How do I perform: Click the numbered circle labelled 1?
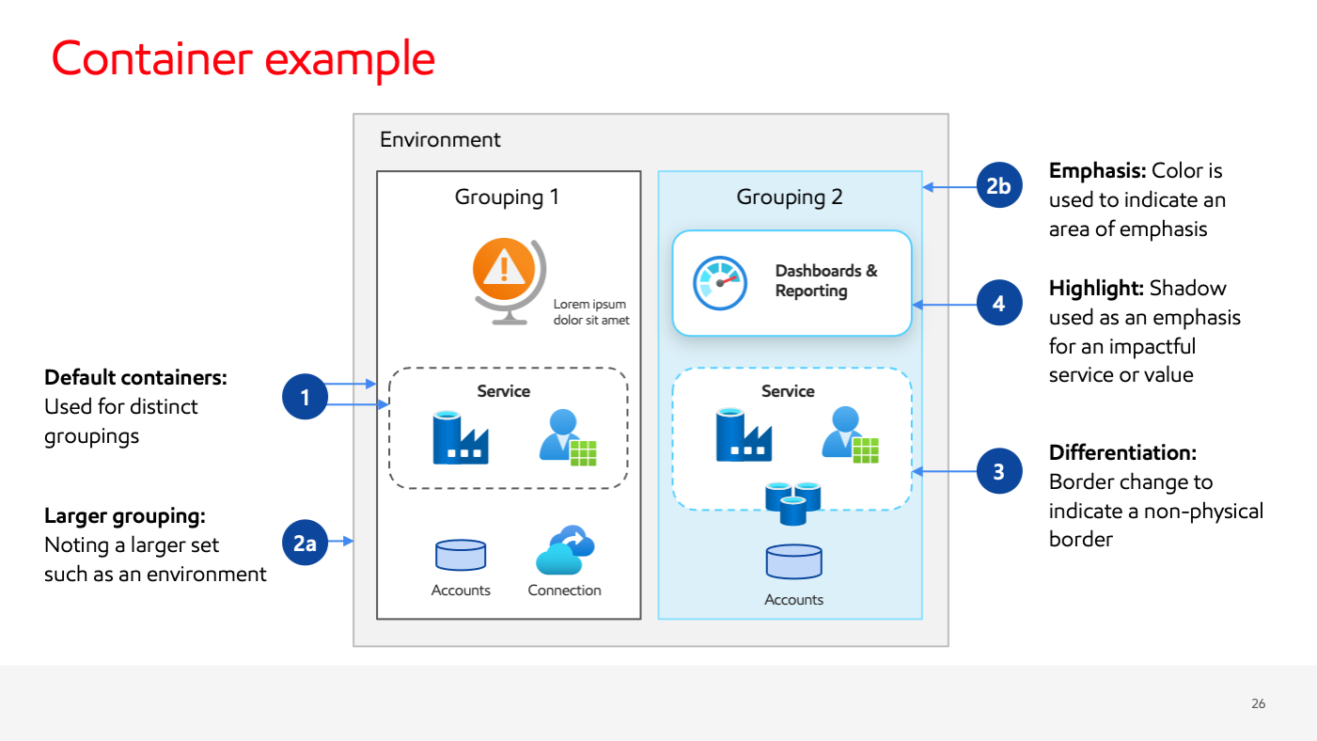[x=306, y=398]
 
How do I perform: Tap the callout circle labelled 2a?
[x=306, y=543]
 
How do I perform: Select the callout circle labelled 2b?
[x=998, y=187]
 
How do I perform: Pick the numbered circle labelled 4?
[x=998, y=304]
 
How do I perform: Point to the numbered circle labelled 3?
[x=998, y=472]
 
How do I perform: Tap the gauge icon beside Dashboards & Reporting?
[x=720, y=282]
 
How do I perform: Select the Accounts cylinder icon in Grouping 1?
[x=461, y=556]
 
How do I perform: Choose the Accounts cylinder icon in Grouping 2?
[x=794, y=561]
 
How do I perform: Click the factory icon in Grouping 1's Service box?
[x=460, y=437]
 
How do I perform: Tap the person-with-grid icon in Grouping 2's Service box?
[x=850, y=434]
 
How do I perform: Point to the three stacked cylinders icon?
[x=793, y=502]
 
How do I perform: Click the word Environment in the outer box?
[x=440, y=140]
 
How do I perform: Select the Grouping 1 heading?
[x=507, y=197]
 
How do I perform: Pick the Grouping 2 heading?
[x=790, y=197]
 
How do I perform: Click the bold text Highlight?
[x=1096, y=288]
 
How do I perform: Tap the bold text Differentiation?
[x=1122, y=452]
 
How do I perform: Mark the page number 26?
[x=1258, y=703]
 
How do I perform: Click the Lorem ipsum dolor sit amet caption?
[x=590, y=312]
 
